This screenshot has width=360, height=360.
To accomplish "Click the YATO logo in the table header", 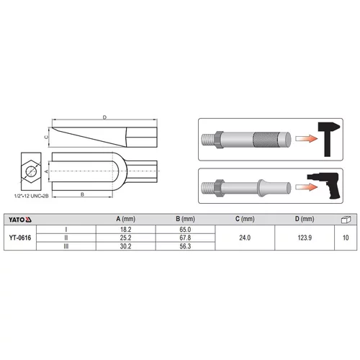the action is tap(20, 220).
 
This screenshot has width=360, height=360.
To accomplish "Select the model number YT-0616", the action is tap(20, 238).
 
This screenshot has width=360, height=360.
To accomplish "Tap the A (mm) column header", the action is tap(126, 219).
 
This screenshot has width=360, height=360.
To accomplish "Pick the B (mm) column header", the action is tap(185, 219).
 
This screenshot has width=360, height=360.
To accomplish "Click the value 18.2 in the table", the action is tap(126, 230).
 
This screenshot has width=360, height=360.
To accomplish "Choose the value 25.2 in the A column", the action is tap(126, 238).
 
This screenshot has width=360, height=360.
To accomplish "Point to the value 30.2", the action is tap(126, 246).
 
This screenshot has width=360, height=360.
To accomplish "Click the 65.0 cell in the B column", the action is tap(185, 230).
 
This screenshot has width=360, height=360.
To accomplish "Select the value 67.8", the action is tap(185, 238).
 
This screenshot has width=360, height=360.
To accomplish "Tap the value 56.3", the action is tap(185, 246).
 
